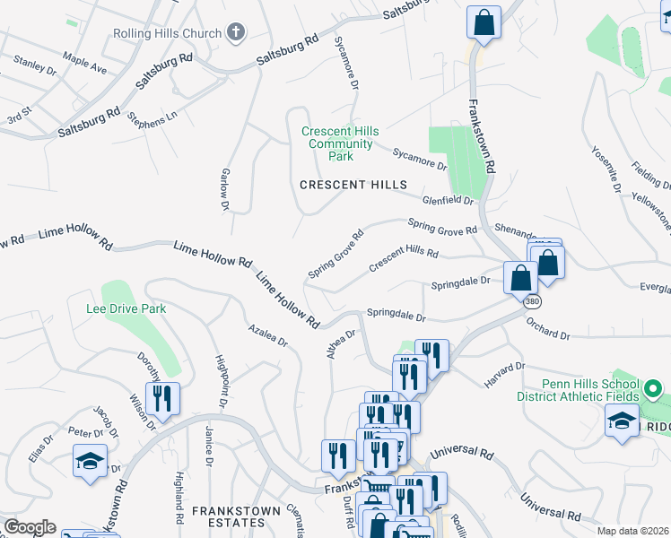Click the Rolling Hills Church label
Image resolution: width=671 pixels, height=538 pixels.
[167, 34]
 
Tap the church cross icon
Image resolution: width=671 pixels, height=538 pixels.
[236, 34]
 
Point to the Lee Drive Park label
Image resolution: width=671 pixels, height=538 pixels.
[126, 309]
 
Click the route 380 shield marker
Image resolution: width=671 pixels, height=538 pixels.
[533, 301]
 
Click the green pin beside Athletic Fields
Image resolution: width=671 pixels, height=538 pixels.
[654, 390]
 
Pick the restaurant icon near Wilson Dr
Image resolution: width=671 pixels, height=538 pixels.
[162, 398]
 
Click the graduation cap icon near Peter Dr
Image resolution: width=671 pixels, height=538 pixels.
[90, 461]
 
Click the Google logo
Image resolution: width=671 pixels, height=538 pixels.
[29, 528]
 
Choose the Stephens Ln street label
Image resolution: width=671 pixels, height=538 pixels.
[152, 117]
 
